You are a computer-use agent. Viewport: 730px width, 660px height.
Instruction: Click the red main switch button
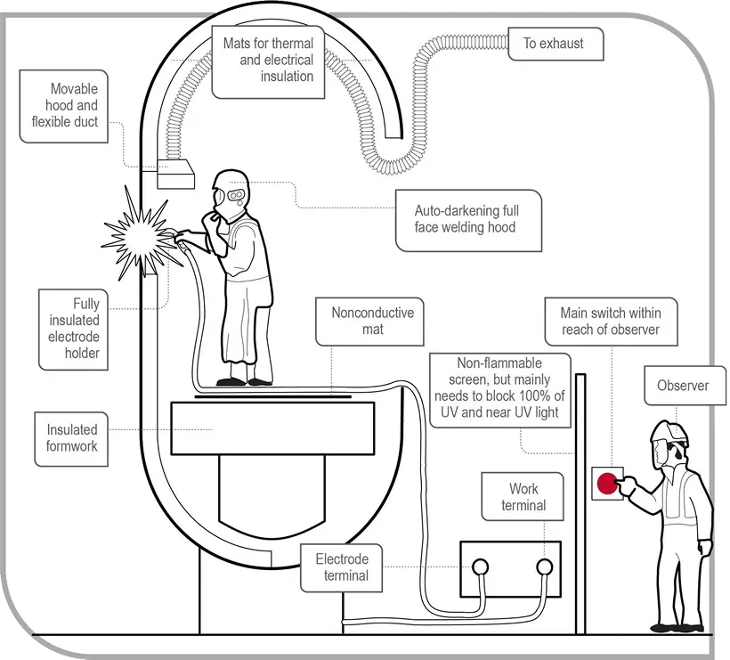coord(608,484)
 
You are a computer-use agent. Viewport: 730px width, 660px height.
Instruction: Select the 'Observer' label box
coord(683,386)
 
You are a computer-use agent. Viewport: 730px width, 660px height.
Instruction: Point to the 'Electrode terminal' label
coord(342,567)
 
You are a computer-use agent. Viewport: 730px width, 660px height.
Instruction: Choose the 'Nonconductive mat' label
coord(372,322)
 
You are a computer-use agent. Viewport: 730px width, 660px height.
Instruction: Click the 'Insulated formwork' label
coord(72,437)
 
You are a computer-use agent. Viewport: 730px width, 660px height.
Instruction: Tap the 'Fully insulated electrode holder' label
coord(73,329)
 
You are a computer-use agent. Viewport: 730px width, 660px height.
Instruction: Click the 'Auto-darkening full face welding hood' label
coord(466,219)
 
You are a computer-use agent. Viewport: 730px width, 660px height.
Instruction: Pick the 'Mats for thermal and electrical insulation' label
coord(276,61)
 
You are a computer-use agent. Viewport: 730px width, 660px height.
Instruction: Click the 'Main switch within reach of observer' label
coord(610,322)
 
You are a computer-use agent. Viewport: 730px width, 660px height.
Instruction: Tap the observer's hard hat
coord(669,431)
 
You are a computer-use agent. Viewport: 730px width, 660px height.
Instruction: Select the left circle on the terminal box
coord(481,566)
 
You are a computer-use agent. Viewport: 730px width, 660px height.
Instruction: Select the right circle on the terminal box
coord(546,566)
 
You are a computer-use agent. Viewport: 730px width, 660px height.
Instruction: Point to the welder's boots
coord(244,380)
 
